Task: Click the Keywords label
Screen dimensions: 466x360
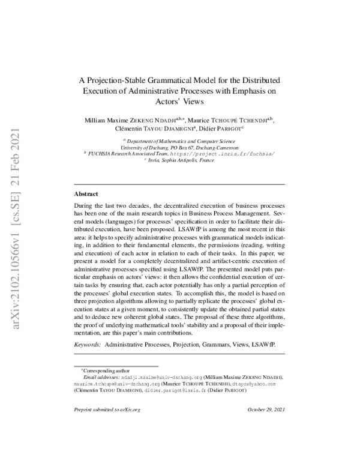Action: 88,346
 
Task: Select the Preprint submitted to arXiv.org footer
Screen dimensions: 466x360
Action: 106,409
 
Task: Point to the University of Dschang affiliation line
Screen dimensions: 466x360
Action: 179,146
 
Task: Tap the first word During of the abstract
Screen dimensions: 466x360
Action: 85,205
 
